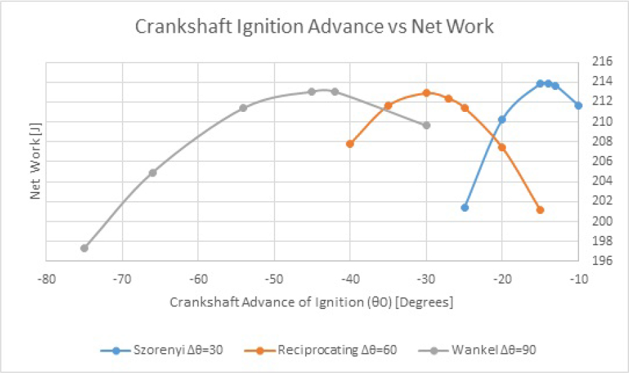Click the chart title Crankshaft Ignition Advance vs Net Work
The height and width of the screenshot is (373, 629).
314,27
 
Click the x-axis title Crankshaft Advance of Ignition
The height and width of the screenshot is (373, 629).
311,302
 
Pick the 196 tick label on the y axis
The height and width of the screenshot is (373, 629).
602,260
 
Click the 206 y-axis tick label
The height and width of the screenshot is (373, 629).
602,161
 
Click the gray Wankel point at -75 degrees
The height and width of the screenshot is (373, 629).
84,248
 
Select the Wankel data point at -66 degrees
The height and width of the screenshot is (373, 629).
153,173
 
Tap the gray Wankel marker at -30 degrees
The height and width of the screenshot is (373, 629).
426,125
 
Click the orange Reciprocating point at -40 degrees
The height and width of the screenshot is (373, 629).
350,143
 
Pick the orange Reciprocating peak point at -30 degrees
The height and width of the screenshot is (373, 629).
426,93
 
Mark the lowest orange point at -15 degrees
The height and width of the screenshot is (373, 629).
540,210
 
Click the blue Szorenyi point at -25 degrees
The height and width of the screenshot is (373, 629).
464,207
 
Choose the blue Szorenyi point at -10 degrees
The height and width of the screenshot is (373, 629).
578,105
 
